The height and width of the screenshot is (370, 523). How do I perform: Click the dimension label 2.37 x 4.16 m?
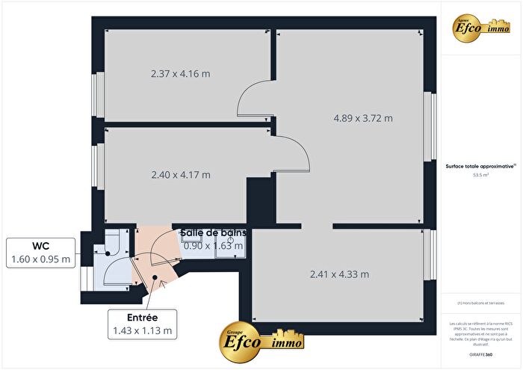[180, 74]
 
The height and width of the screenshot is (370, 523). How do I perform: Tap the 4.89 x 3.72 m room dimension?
[363, 118]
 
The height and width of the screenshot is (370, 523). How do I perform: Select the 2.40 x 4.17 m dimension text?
[180, 175]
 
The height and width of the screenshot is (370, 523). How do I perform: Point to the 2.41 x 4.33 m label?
[339, 274]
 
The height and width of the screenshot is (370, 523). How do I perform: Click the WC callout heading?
[40, 246]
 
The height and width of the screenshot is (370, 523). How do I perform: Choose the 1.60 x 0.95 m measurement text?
[40, 259]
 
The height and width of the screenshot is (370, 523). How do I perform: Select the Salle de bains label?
[213, 232]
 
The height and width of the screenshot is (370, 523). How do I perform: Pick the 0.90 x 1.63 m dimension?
[214, 245]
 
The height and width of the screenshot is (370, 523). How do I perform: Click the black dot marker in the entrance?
[155, 277]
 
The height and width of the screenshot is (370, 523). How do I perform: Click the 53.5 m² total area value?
[480, 175]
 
